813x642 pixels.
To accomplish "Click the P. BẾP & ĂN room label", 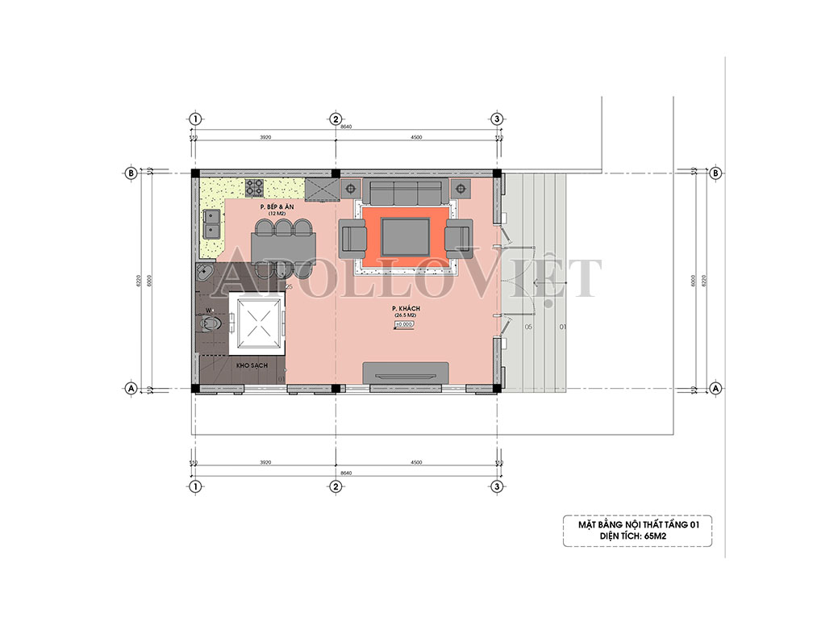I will (274, 207).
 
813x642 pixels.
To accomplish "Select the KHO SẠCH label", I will (252, 365).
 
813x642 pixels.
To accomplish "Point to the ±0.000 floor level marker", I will (404, 324).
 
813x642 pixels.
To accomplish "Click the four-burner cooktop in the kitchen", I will (255, 188).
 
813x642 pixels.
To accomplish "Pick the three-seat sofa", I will (405, 192).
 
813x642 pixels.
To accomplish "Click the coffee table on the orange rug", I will (406, 236).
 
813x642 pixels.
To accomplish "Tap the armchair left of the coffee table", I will (354, 238).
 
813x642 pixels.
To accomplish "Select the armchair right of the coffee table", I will (457, 238).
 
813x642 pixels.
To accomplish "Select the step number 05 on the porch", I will (528, 327).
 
